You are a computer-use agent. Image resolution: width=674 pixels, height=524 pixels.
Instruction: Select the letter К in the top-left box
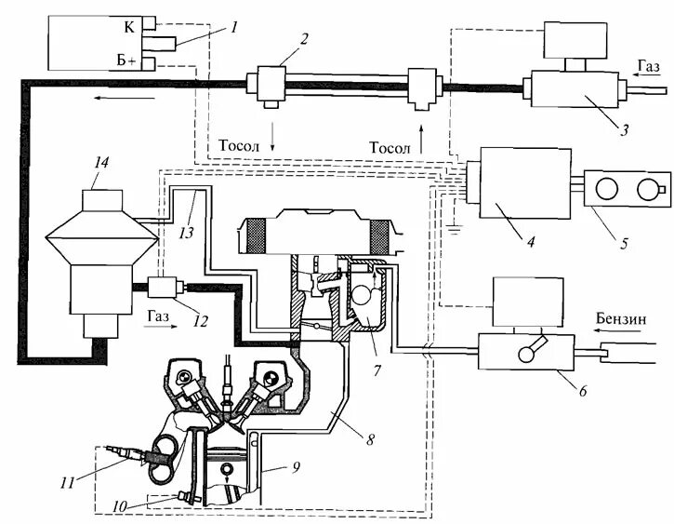128,28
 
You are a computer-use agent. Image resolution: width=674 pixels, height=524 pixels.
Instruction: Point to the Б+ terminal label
126,60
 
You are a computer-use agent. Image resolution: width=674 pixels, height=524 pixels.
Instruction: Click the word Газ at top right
649,65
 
